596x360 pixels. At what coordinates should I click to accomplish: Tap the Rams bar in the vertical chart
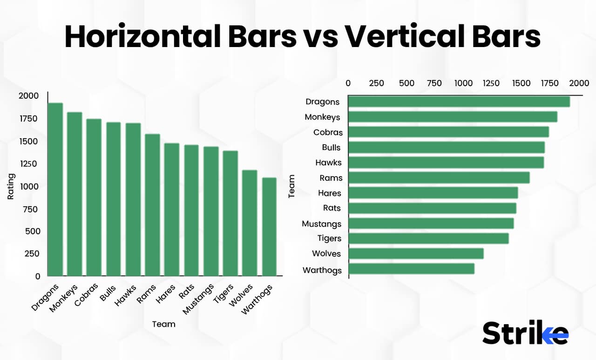coord(153,205)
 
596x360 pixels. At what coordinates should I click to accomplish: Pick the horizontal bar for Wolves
coord(416,253)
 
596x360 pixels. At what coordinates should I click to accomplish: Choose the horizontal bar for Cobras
coord(448,132)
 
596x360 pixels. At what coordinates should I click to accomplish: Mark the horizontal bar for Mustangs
coord(431,223)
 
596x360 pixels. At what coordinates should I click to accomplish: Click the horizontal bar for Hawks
coord(446,163)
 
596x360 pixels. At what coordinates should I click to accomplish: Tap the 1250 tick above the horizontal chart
coord(491,83)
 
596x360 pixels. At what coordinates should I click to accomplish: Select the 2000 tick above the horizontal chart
coord(579,83)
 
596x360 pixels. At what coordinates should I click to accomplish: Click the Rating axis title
coord(11,186)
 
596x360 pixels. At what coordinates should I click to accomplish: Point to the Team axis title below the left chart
coord(164,324)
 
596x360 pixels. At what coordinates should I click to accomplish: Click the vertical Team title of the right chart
coord(292,186)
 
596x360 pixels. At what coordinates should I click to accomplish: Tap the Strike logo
coord(525,333)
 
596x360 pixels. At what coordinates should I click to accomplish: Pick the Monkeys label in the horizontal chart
coord(322,117)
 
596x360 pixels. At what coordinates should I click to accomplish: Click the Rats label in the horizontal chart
coord(332,208)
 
